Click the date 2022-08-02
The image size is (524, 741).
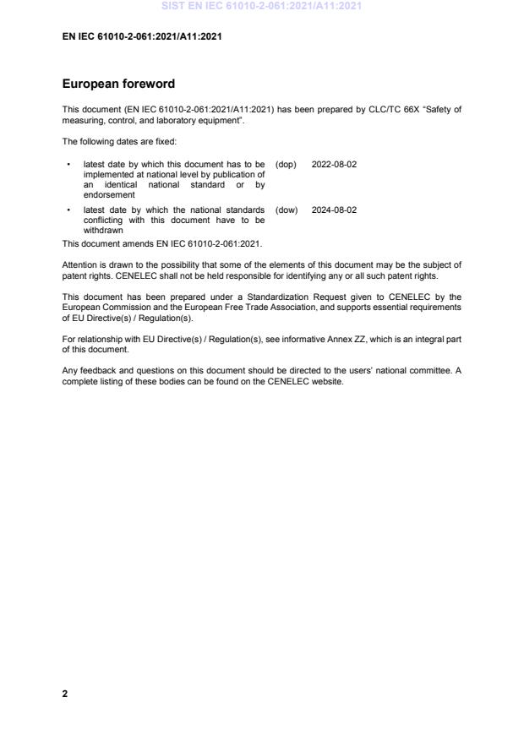[334, 164]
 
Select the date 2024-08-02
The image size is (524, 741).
[334, 210]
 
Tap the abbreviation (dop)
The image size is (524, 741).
[286, 164]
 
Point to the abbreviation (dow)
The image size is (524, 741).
[287, 210]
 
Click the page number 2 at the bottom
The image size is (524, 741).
[65, 694]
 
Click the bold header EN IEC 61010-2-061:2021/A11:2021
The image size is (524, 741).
[142, 36]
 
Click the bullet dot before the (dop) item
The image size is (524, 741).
[68, 165]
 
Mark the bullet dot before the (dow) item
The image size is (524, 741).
[68, 210]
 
